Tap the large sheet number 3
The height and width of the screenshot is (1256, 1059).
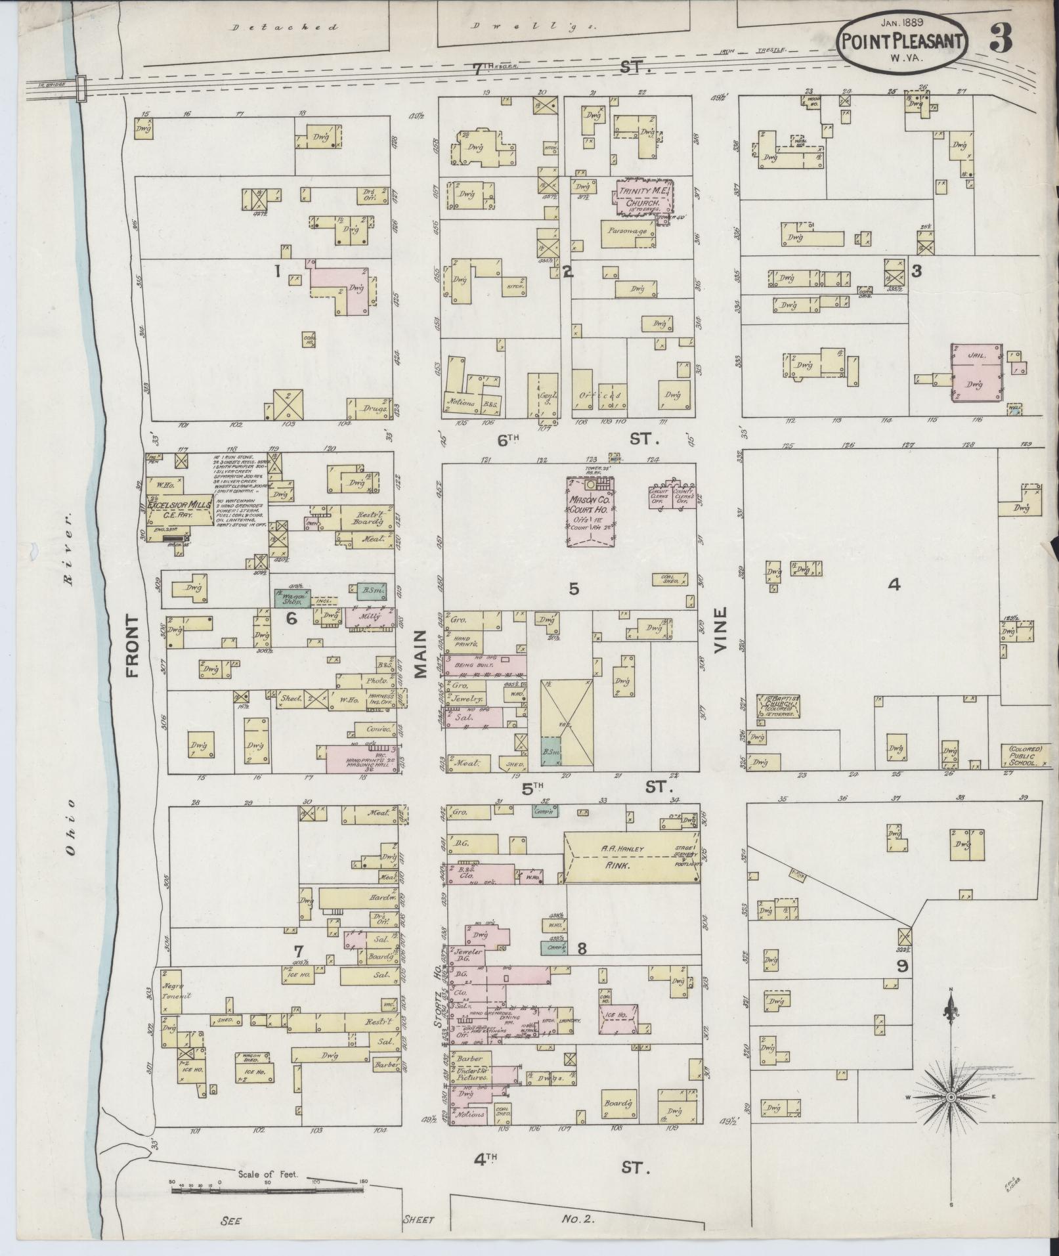pyautogui.click(x=1002, y=39)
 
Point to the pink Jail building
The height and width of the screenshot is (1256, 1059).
pyautogui.click(x=977, y=371)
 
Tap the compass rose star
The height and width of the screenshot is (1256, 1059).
pyautogui.click(x=950, y=1097)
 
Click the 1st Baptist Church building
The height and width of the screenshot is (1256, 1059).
pyautogui.click(x=779, y=706)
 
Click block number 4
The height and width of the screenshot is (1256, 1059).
pyautogui.click(x=893, y=584)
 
